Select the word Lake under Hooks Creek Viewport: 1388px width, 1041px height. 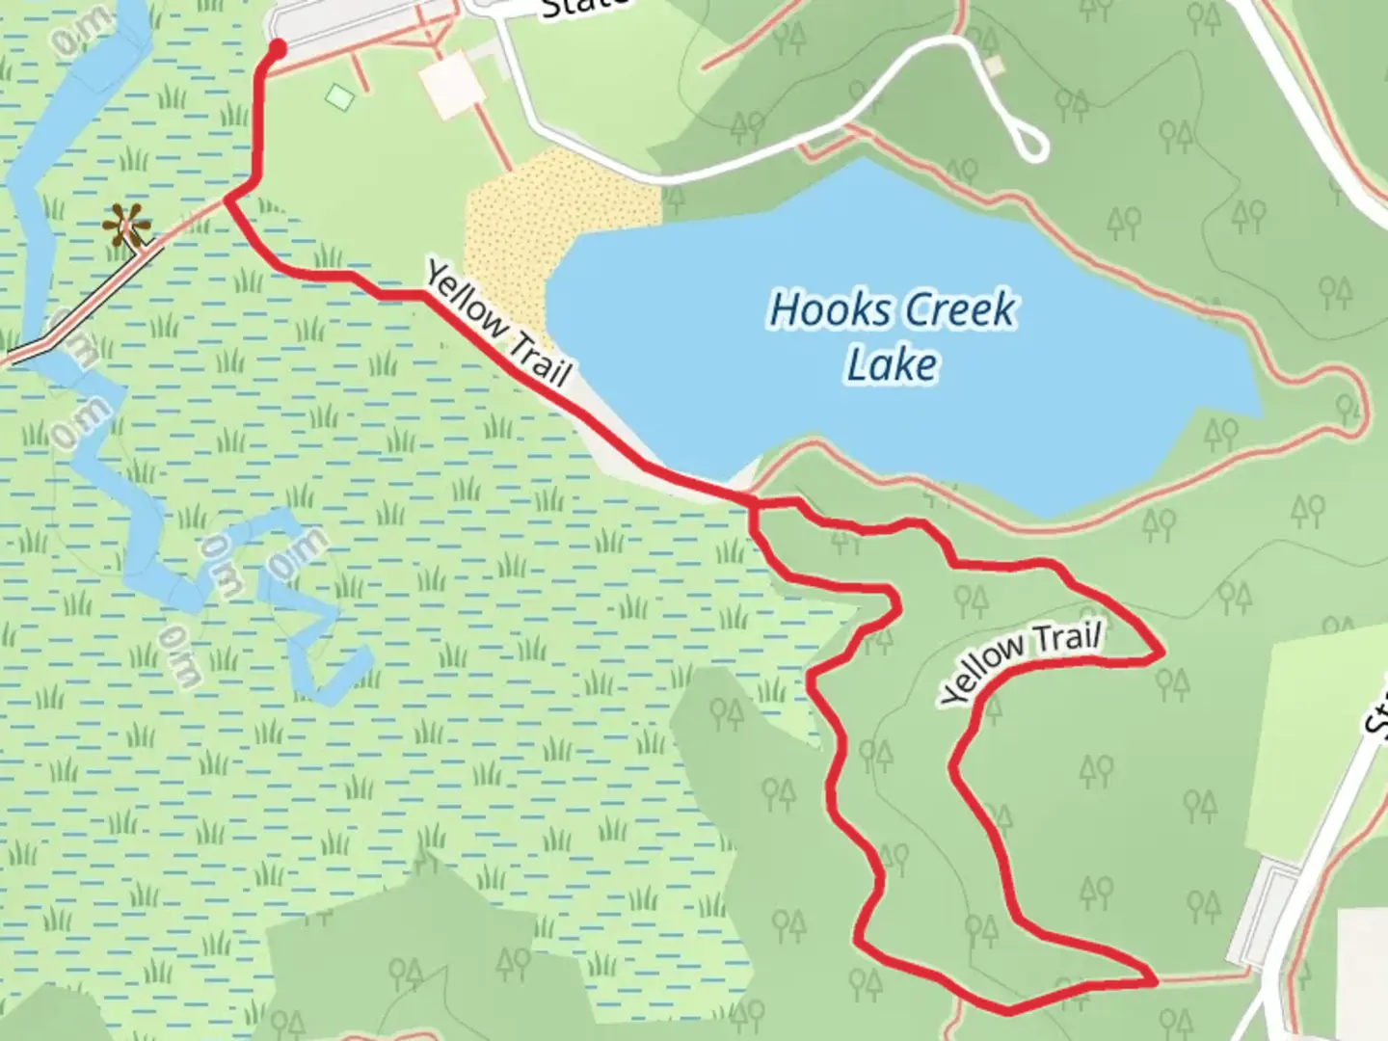[892, 365]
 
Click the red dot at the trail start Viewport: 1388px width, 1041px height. [278, 48]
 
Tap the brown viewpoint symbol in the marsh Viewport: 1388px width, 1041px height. [126, 227]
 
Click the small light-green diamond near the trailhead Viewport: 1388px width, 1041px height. [339, 95]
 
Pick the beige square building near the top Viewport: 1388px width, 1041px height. [452, 85]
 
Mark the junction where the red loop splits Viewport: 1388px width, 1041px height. [753, 504]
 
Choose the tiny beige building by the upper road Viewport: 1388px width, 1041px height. [995, 66]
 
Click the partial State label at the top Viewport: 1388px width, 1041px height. [584, 8]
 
